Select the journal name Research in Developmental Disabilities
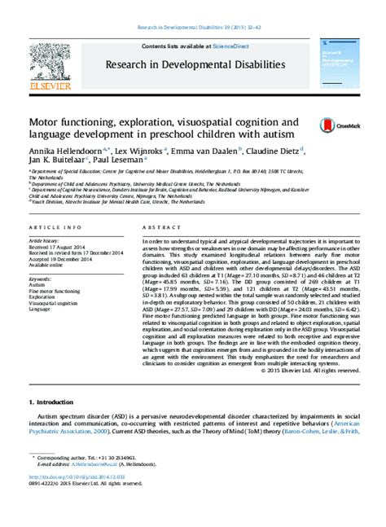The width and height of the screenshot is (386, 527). [x=193, y=64]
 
